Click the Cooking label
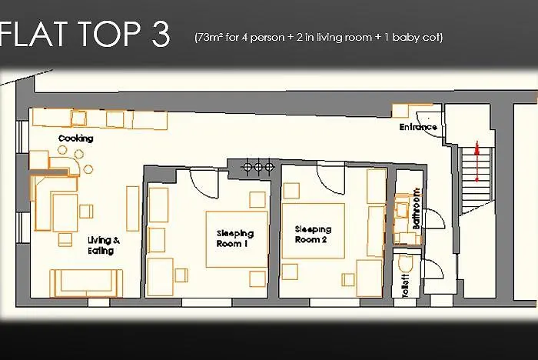(76, 138)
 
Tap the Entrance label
(418, 127)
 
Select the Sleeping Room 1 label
(235, 238)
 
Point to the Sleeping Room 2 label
(313, 235)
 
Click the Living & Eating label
(103, 245)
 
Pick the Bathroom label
(416, 208)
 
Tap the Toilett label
(405, 285)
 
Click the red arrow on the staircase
(477, 162)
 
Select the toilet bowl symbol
(405, 264)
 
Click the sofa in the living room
(86, 283)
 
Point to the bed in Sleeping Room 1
(237, 239)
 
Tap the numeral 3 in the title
(161, 34)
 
